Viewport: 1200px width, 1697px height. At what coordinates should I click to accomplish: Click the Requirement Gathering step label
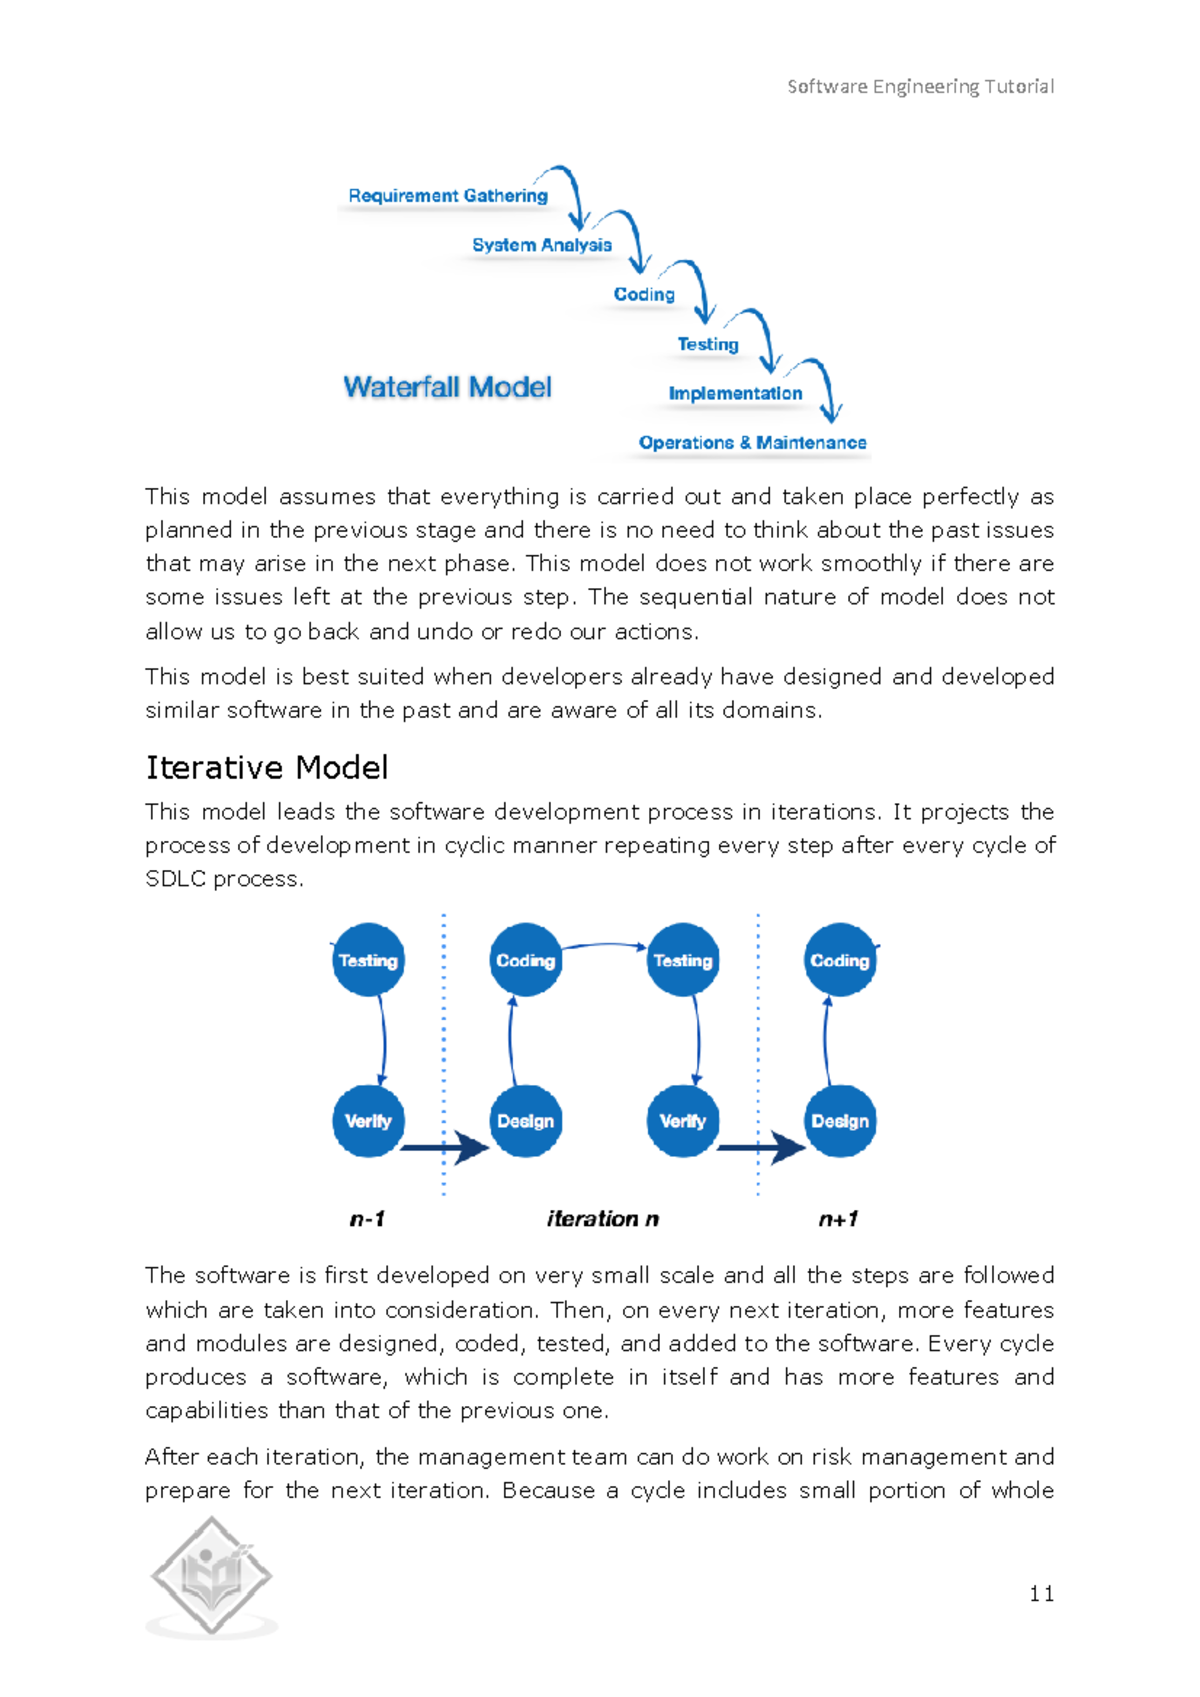tap(448, 196)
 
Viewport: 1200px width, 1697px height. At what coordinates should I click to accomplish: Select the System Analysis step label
tap(542, 245)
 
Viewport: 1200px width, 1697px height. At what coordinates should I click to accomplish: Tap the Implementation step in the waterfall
tap(735, 394)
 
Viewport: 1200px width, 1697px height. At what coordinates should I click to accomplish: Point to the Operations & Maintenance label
tap(752, 443)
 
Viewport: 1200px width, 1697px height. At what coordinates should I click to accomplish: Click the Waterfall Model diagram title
tap(447, 387)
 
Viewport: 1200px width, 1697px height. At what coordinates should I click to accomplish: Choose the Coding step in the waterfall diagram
tap(644, 295)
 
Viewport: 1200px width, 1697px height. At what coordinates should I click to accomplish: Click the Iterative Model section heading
tap(267, 768)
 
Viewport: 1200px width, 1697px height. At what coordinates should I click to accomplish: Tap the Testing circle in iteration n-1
tap(368, 960)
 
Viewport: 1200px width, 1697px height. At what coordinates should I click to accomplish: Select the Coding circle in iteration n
tap(525, 960)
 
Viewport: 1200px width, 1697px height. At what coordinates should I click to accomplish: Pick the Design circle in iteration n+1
tap(840, 1121)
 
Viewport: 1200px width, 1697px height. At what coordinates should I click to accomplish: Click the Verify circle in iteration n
tap(682, 1121)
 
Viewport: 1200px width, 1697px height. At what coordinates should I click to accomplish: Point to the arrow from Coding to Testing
tap(604, 945)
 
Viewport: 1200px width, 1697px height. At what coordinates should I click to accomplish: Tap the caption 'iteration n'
tap(603, 1219)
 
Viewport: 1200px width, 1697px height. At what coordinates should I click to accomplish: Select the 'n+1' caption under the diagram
tap(838, 1219)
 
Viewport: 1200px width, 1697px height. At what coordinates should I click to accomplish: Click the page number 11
tap(1041, 1594)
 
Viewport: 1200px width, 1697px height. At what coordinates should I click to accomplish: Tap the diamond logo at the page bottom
tap(211, 1577)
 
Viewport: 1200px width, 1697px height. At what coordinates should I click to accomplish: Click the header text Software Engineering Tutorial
tap(920, 87)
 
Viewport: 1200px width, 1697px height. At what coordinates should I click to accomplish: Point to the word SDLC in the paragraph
tap(176, 879)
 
